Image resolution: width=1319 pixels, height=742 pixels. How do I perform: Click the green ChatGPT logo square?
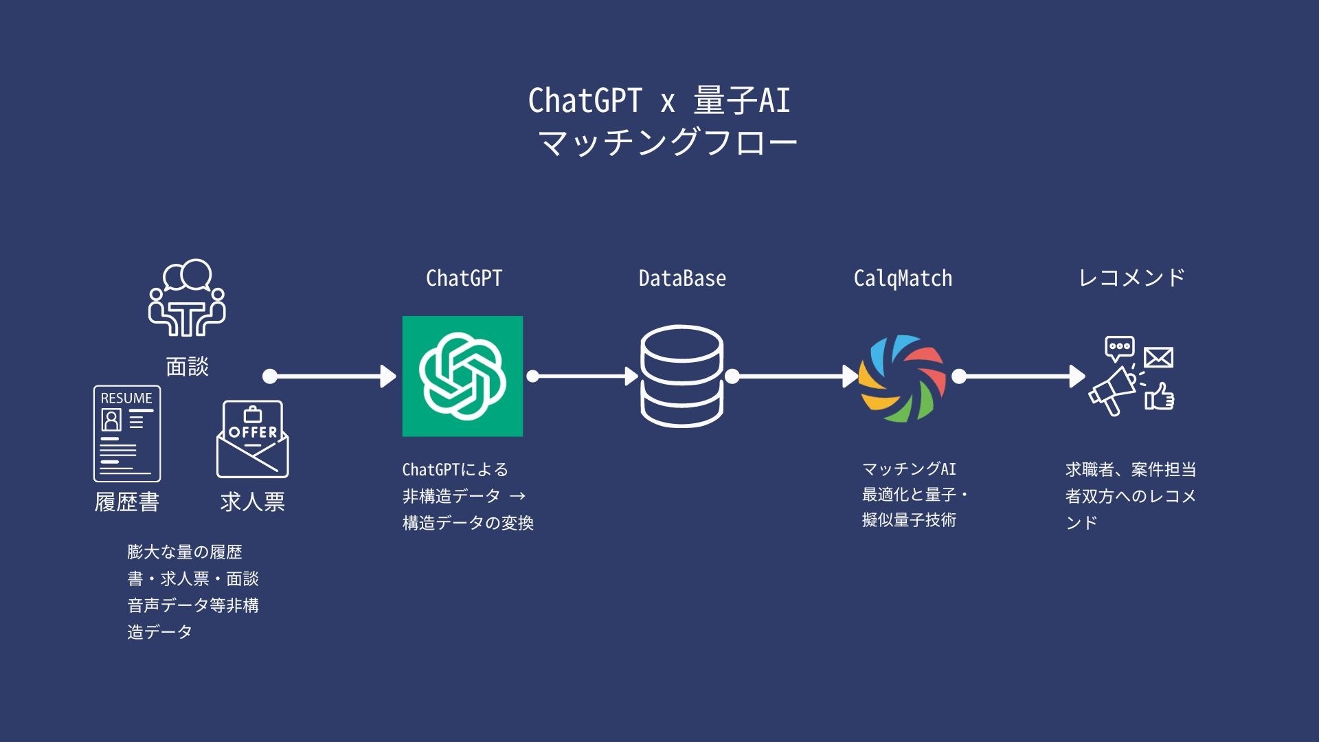click(x=462, y=376)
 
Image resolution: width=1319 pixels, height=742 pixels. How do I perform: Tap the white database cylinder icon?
click(x=681, y=376)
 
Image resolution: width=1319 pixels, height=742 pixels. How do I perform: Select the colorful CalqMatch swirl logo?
click(x=902, y=378)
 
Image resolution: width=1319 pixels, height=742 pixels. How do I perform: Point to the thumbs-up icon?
click(x=1160, y=396)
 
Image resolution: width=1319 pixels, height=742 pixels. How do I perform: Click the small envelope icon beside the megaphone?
click(x=1158, y=357)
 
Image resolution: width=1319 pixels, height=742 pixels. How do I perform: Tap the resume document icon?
click(x=127, y=434)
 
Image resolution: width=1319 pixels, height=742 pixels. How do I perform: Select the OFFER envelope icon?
click(x=253, y=439)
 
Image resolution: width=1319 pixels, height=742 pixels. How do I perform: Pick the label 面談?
click(x=187, y=366)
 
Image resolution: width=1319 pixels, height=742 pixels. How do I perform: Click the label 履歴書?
click(x=127, y=502)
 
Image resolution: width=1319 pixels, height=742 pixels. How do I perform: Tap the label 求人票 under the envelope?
click(x=253, y=502)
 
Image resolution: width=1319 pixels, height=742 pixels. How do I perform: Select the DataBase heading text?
click(x=682, y=278)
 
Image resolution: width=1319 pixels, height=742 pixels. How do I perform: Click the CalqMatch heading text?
click(x=903, y=278)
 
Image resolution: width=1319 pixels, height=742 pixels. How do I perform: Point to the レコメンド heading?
click(x=1131, y=278)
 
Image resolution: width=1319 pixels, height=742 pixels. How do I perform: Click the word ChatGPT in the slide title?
click(x=585, y=100)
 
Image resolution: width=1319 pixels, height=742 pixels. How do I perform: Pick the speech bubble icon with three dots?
click(x=1119, y=348)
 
